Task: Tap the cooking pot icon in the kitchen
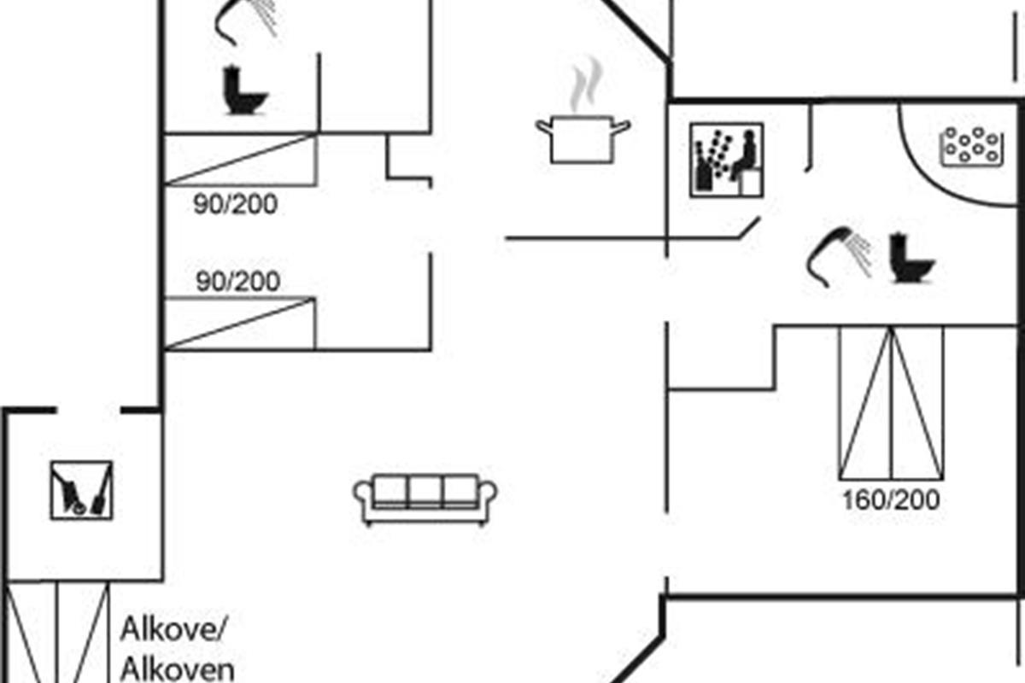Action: (x=583, y=138)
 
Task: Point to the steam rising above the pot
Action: (x=583, y=85)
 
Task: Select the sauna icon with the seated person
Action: (x=726, y=161)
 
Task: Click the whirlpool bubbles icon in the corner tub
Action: (x=970, y=145)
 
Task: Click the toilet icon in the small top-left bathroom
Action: (x=244, y=91)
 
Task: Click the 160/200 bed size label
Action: (x=891, y=499)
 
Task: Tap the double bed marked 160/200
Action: (x=891, y=401)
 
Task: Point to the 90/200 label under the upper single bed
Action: (x=236, y=206)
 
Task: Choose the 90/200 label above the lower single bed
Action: (x=237, y=282)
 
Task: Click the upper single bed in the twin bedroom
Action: (x=241, y=160)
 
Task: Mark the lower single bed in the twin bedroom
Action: (x=241, y=323)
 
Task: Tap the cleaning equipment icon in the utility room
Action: (x=81, y=490)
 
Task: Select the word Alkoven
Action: (x=177, y=668)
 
